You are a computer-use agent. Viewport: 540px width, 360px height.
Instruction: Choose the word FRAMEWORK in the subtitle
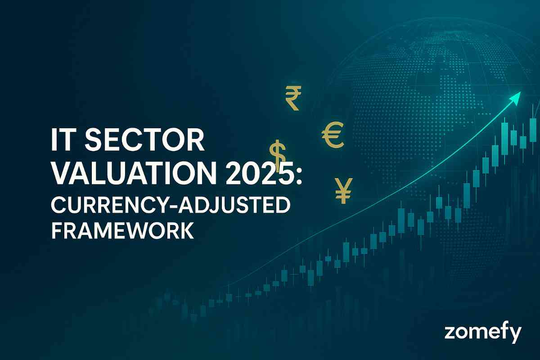click(122, 231)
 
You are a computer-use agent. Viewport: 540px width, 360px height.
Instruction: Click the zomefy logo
click(483, 333)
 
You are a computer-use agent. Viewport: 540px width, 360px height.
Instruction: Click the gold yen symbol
click(344, 190)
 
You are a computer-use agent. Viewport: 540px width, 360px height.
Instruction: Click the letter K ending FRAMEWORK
click(186, 231)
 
